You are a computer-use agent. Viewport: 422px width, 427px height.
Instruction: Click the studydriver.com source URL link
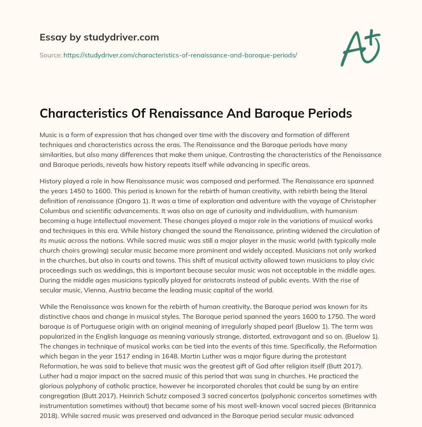coord(180,55)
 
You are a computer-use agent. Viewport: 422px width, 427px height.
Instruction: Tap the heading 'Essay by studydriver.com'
coord(99,37)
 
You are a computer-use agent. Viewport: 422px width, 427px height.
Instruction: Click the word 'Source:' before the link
coord(50,55)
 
